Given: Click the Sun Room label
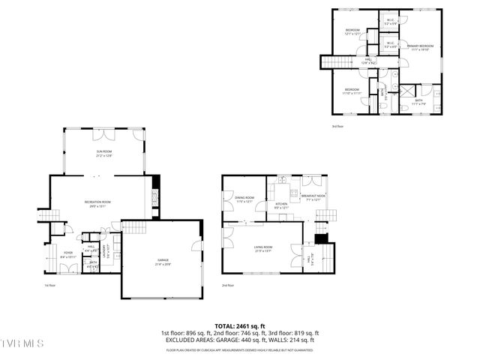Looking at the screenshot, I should coord(103,154).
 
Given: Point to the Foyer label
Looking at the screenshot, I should coord(67,253).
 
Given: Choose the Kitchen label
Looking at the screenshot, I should coord(281,204).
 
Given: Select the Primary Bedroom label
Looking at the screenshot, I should coord(419,48).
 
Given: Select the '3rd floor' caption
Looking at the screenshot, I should coord(337,126).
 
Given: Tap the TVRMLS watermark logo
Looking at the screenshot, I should coord(22,343).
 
